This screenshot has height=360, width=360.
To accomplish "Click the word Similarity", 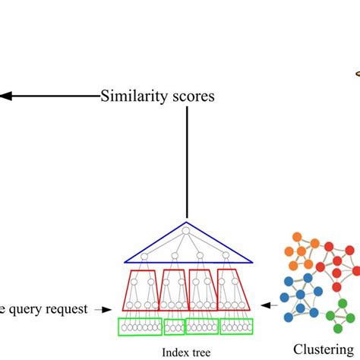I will [133, 96].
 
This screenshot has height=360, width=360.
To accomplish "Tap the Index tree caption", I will [186, 351].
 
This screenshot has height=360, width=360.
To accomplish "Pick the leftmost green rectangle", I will [138, 327].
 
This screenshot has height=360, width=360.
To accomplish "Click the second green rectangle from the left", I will [174, 327].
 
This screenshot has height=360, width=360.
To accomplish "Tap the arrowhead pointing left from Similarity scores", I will [4, 96].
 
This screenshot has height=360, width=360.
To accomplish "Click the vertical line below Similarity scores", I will [187, 163].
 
